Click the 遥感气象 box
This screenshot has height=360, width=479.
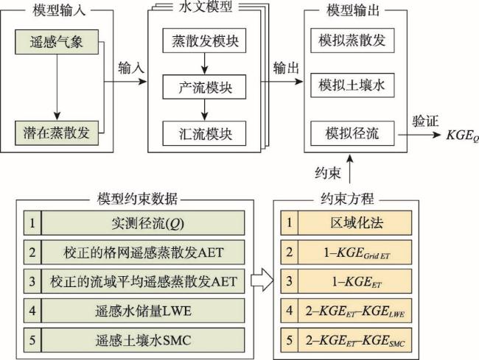pos(57,42)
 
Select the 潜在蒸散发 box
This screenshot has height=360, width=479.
pos(57,133)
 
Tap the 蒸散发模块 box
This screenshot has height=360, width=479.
pos(204,41)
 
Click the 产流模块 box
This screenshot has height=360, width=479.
pos(204,87)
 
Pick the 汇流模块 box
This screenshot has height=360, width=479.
pos(204,133)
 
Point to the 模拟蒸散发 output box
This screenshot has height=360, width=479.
pos(352,40)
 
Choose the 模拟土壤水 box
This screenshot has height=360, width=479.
pos(352,85)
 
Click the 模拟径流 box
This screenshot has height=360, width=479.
pos(352,133)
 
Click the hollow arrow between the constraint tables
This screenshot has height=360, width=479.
pos(262,280)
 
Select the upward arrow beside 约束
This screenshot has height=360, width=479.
pos(350,169)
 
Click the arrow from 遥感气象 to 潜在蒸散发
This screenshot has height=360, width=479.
pos(57,88)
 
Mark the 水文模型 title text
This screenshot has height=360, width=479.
pos(206,7)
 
